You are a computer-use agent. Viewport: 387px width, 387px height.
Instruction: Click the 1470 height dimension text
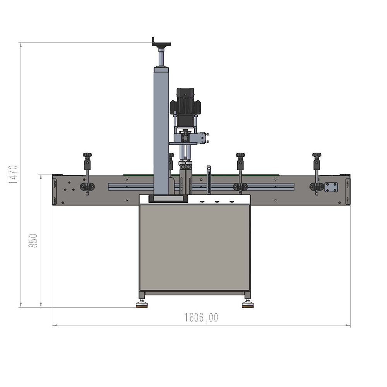[x=13, y=174]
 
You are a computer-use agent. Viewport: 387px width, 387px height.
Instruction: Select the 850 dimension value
[x=33, y=241]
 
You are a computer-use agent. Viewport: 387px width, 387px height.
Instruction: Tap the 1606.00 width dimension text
[x=201, y=317]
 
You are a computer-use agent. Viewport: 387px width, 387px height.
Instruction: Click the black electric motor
[x=185, y=106]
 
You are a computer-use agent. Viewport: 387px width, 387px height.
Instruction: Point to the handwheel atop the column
[x=161, y=44]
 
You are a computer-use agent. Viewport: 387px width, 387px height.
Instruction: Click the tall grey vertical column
[x=161, y=131]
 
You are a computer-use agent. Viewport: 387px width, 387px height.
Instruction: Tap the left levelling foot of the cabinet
[x=142, y=304]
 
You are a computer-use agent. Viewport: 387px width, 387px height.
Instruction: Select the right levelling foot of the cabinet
[x=248, y=304]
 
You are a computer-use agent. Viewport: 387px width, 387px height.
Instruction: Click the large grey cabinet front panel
[x=195, y=248]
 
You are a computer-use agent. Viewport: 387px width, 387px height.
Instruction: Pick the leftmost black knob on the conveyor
[x=87, y=155]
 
